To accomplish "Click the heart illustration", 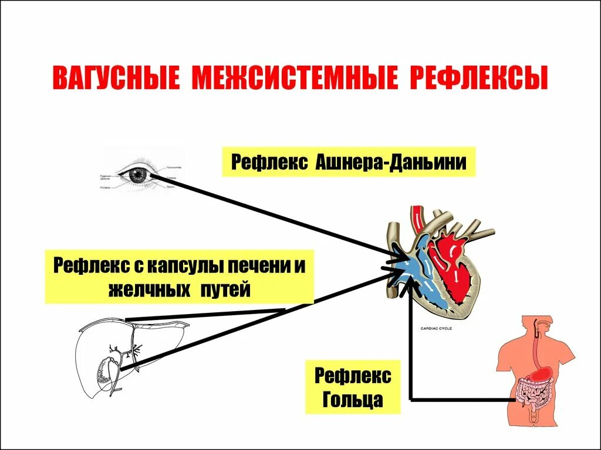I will click(440, 258).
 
